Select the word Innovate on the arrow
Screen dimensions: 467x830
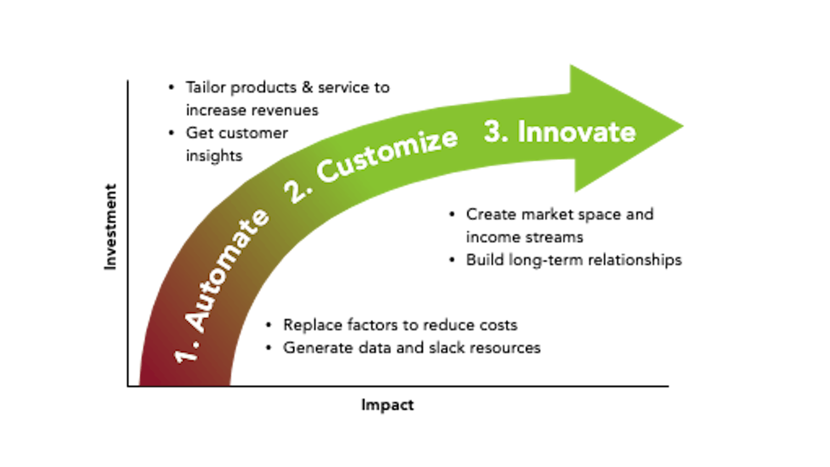pyautogui.click(x=576, y=132)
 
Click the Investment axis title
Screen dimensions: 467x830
pyautogui.click(x=110, y=227)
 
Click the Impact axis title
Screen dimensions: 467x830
pyautogui.click(x=388, y=405)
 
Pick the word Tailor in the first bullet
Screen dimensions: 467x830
pyautogui.click(x=206, y=88)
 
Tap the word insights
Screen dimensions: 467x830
pyautogui.click(x=214, y=156)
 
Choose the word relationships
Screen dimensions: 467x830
pyautogui.click(x=635, y=260)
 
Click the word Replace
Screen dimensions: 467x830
pyautogui.click(x=312, y=325)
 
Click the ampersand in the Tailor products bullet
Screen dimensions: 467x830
pyautogui.click(x=307, y=88)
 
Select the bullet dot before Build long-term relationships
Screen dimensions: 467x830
pyautogui.click(x=452, y=260)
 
